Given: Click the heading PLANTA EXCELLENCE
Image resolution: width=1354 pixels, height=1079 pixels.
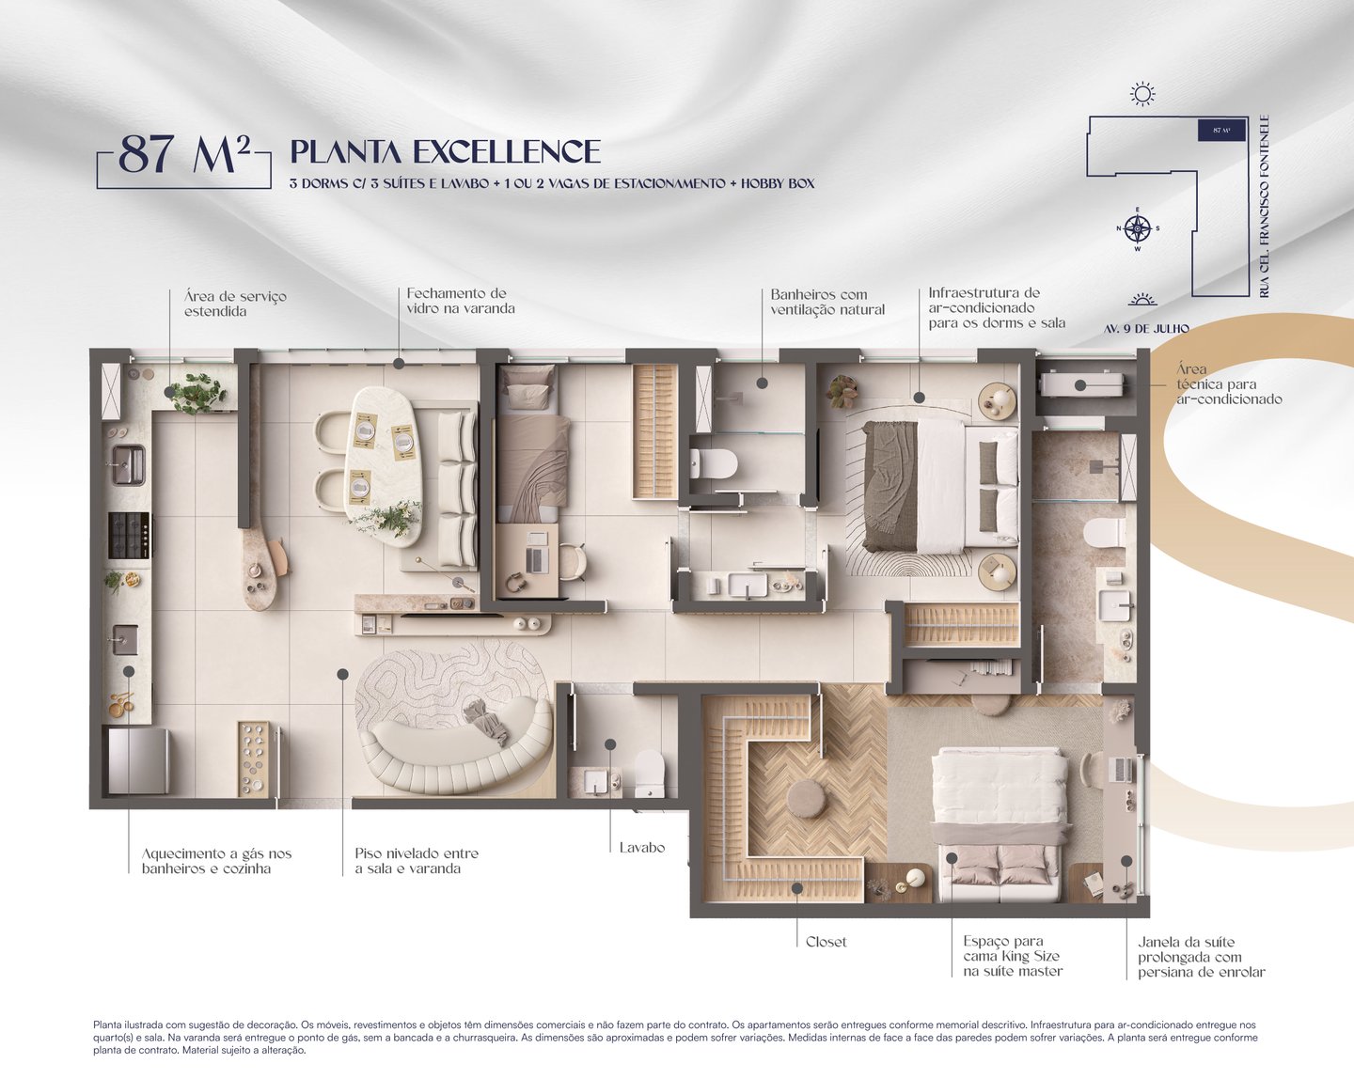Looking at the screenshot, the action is tap(445, 152).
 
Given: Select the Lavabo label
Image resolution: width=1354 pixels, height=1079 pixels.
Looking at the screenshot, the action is tap(641, 848).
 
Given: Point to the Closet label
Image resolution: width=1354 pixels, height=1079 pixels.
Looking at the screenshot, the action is tap(826, 942).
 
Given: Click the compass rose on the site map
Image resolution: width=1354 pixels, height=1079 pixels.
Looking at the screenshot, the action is tap(1138, 228).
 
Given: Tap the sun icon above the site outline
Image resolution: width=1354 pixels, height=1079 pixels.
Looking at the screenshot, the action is tap(1142, 94).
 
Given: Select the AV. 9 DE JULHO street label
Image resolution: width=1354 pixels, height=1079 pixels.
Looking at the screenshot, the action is tap(1146, 329).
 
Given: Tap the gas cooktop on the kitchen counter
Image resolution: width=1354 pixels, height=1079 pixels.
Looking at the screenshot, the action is tap(128, 535).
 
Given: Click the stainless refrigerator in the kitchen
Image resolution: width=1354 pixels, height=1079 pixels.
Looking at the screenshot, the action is tap(137, 760).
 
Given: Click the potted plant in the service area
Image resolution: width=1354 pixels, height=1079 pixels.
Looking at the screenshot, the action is tap(197, 392).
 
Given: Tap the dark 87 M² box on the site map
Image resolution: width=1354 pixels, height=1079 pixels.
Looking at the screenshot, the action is tap(1220, 131).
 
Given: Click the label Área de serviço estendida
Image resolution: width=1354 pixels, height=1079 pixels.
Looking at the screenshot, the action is tap(235, 304).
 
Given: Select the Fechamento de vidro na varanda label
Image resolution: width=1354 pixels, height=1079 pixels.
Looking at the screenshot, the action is tap(460, 301).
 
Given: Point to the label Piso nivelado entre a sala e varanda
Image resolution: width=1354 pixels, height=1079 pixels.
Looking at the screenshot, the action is tap(417, 861).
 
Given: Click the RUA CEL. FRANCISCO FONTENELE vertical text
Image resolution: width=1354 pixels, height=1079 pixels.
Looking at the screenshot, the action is tap(1265, 207).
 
